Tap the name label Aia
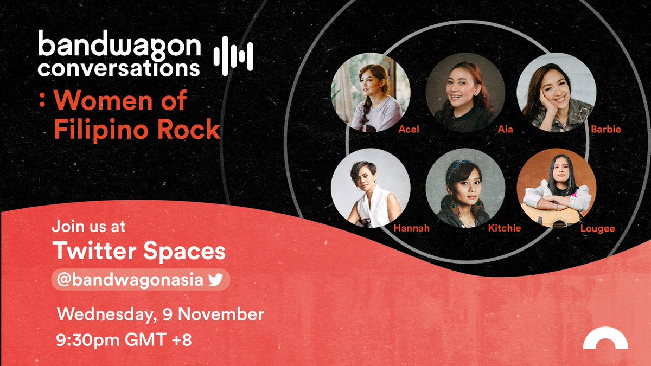point(505,130)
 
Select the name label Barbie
point(607,130)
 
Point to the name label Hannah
point(412,228)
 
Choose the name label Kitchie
point(504,228)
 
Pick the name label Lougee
point(598,228)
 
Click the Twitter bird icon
point(216,280)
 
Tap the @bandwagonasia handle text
point(128,280)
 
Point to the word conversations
point(119,69)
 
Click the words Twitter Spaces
point(138,252)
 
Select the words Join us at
point(88,226)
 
